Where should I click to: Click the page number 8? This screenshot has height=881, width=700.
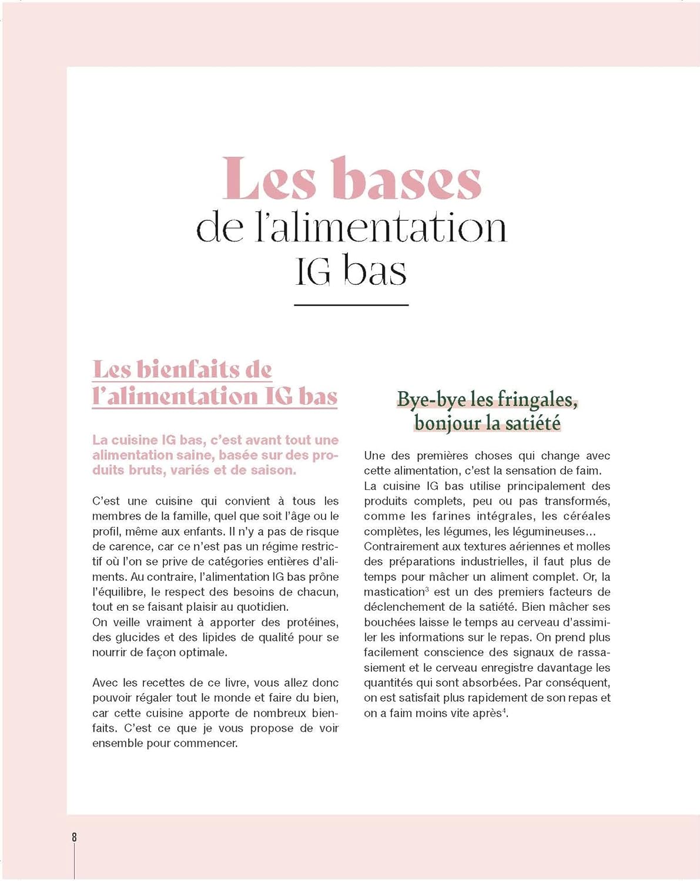pyautogui.click(x=74, y=838)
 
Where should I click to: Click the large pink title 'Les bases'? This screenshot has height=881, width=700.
pyautogui.click(x=351, y=179)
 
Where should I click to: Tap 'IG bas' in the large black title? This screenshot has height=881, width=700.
pyautogui.click(x=351, y=271)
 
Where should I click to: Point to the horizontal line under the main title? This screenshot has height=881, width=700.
pyautogui.click(x=351, y=305)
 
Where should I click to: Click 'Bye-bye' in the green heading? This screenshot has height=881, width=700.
pyautogui.click(x=424, y=399)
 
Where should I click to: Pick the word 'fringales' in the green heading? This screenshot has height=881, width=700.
pyautogui.click(x=537, y=399)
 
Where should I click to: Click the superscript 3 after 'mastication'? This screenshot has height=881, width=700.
pyautogui.click(x=427, y=589)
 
